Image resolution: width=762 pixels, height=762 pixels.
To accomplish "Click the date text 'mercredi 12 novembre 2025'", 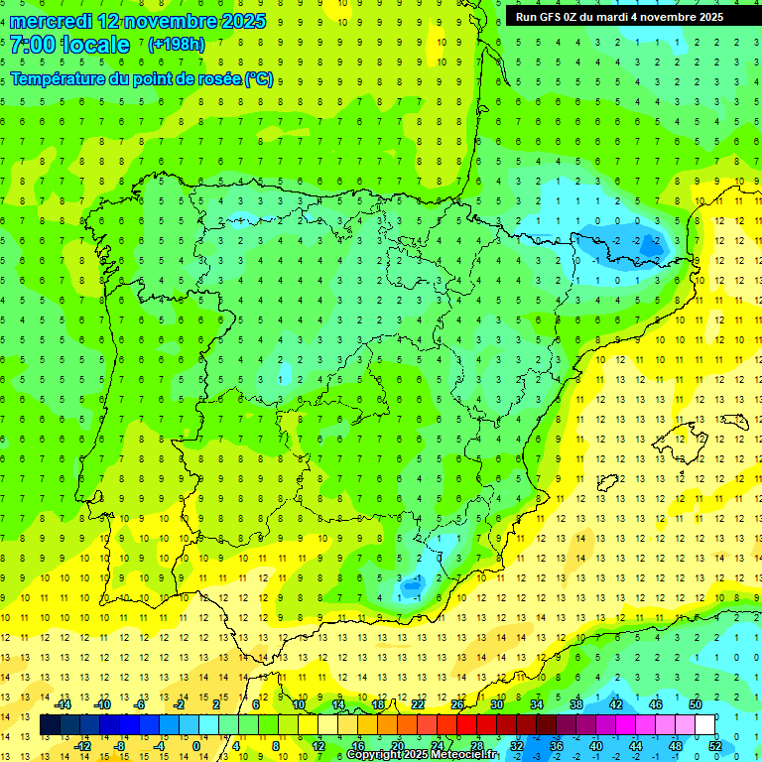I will tap(138, 21).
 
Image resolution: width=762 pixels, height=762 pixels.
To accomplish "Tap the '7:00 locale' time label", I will tap(70, 45).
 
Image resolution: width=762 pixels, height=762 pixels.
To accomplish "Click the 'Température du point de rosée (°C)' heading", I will tap(142, 78).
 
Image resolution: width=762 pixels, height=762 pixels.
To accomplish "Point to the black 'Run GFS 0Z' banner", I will tap(619, 17).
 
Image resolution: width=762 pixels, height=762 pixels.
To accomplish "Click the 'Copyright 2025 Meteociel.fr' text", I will tap(422, 755).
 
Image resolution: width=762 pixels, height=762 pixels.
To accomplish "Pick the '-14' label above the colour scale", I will tap(64, 704).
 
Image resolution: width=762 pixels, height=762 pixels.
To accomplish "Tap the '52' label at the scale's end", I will tap(715, 746).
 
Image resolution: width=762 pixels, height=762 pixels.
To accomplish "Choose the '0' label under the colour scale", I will tap(195, 746).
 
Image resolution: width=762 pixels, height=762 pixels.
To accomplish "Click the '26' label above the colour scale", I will tap(457, 704).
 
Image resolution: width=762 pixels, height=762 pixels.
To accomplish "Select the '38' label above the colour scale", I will tap(575, 704).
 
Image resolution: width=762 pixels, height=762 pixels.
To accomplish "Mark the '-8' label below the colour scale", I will tap(121, 746).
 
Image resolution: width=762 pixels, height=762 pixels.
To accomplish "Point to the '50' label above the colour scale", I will tap(695, 704).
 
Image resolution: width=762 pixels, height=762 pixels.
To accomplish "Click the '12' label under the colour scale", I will tap(318, 746).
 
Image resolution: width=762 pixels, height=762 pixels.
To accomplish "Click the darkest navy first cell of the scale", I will tap(50, 725).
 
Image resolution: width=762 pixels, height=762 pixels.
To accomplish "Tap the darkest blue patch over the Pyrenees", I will tap(650, 241).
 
